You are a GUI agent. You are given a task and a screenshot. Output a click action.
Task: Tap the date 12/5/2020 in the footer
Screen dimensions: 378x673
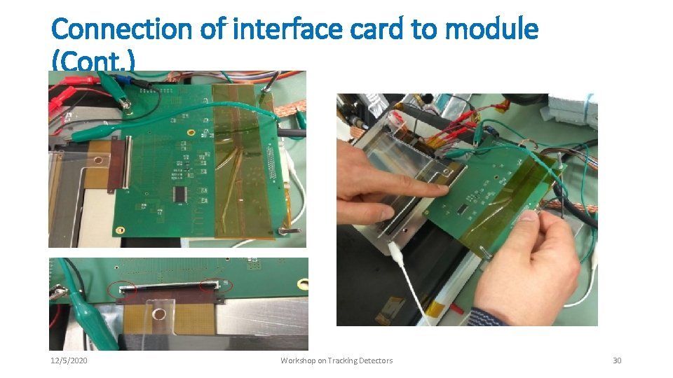click(x=69, y=360)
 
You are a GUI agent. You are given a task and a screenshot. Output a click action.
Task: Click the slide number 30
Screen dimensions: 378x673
click(x=617, y=360)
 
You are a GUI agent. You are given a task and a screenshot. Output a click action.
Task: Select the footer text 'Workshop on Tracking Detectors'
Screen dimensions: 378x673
click(x=336, y=360)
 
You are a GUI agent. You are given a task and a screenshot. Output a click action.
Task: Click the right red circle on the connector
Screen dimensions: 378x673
click(x=209, y=285)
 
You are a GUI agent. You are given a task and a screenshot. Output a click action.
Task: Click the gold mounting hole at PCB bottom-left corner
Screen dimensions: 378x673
click(x=120, y=230)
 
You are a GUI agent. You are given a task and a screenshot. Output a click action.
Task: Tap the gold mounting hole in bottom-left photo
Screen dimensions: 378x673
click(x=303, y=283)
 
